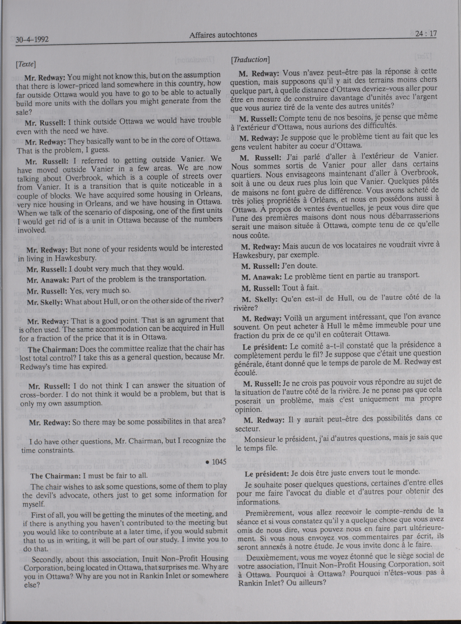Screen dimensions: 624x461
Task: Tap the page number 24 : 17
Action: click(x=426, y=34)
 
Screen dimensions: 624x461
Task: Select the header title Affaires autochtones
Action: click(x=223, y=35)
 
